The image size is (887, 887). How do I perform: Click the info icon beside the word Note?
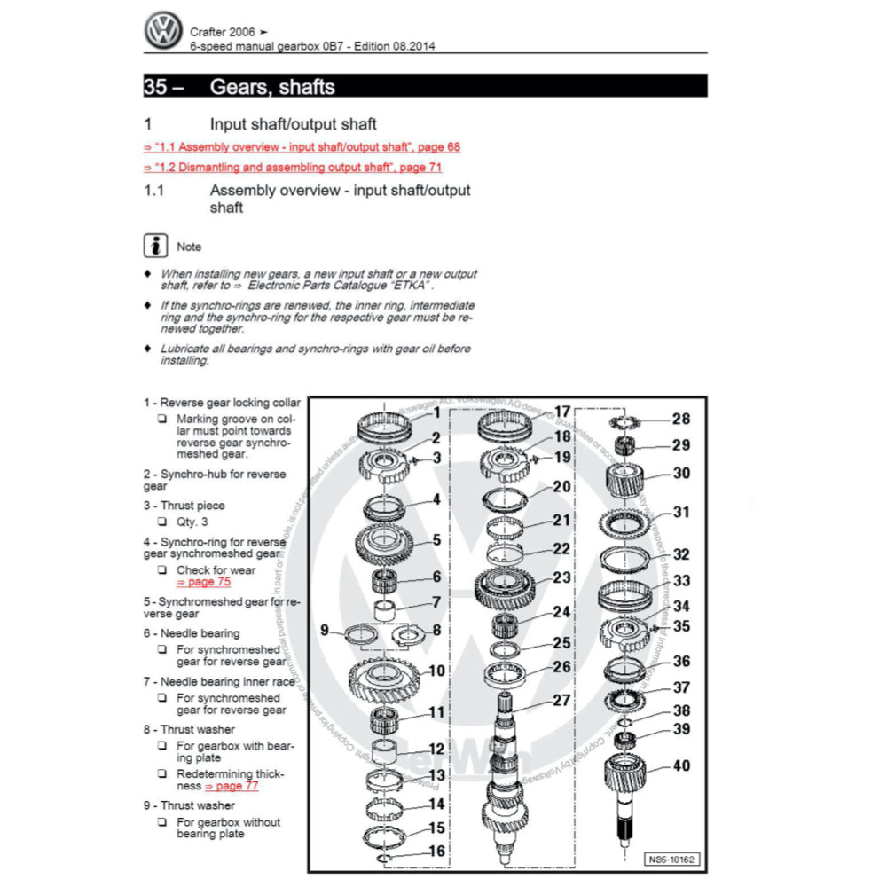[156, 246]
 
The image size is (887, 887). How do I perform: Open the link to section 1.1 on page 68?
[302, 146]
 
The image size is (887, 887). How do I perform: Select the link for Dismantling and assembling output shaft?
[293, 167]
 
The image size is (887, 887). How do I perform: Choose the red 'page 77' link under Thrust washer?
[232, 786]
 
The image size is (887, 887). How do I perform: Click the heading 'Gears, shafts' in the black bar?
[272, 86]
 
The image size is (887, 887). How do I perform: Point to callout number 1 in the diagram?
[437, 412]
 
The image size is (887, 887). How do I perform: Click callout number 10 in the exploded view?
[436, 671]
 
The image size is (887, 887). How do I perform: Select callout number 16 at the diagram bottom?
[436, 851]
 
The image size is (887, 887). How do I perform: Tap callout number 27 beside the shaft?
[561, 700]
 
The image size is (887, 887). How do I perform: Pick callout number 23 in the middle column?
[561, 577]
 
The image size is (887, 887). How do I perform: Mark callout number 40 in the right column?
[681, 765]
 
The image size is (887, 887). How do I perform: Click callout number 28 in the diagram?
[681, 419]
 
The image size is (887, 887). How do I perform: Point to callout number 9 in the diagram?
[326, 631]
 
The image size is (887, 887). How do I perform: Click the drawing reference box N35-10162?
[672, 859]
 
